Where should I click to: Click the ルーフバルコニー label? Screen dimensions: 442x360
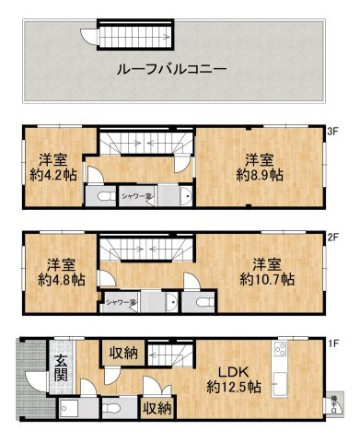tap(172, 70)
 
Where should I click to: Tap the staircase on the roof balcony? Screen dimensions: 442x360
tap(134, 37)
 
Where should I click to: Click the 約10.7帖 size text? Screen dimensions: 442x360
tap(267, 278)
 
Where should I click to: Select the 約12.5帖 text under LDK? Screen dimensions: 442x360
tap(234, 388)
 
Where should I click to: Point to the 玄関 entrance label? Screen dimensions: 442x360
tap(59, 368)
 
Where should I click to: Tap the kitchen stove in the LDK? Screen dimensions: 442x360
tap(280, 351)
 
